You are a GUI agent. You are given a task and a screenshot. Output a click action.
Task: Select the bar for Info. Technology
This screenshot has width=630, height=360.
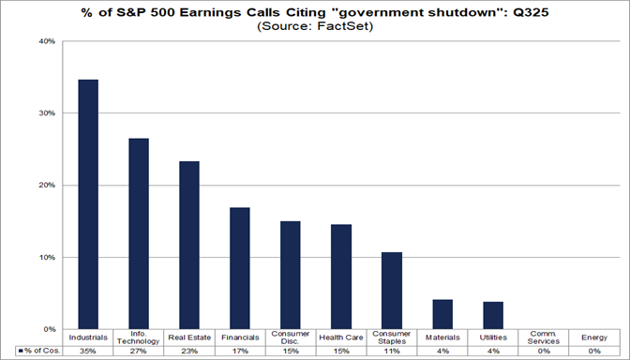pos(139,233)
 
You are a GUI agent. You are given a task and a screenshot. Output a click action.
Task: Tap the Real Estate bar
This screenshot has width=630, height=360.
pos(189,245)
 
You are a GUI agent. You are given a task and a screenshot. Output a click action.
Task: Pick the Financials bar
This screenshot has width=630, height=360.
pos(240,268)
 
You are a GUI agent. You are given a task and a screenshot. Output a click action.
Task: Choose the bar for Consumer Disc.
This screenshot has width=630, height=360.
pos(291,275)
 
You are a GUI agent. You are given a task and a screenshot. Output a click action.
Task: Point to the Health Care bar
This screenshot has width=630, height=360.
pos(341,277)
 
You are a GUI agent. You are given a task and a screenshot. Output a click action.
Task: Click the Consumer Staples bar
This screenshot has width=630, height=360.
pos(392,291)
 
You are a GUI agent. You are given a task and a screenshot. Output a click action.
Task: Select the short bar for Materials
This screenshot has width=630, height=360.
pos(442,314)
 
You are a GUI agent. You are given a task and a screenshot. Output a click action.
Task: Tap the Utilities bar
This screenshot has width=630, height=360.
pos(493,315)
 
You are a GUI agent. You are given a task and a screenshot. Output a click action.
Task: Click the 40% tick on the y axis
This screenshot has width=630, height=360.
pos(45,41)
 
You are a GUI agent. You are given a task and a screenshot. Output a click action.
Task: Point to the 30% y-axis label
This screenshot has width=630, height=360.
pos(45,113)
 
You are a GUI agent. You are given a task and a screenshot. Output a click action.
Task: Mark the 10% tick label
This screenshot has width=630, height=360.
pos(45,258)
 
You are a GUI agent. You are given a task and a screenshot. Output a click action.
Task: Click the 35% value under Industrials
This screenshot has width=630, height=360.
pos(88,351)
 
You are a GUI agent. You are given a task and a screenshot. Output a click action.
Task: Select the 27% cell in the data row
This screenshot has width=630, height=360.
pos(139,351)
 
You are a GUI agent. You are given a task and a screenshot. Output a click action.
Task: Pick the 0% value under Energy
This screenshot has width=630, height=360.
pos(594,351)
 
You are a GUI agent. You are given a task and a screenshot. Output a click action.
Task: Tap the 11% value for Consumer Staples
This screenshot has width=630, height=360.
pos(392,351)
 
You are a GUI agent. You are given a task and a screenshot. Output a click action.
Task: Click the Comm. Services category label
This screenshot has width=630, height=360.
pos(544,337)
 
